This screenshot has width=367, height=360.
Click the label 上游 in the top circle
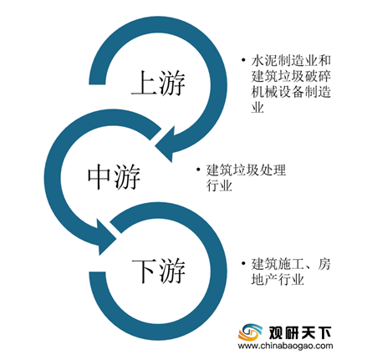pyautogui.click(x=159, y=83)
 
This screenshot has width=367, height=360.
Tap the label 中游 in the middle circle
pyautogui.click(x=114, y=176)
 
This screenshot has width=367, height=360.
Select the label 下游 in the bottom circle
pyautogui.click(x=159, y=271)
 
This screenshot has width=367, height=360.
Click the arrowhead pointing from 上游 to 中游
pyautogui.click(x=166, y=144)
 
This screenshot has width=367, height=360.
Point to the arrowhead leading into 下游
pyautogui.click(x=107, y=237)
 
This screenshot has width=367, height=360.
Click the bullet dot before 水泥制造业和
pyautogui.click(x=244, y=59)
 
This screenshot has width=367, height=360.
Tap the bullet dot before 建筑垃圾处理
pyautogui.click(x=198, y=169)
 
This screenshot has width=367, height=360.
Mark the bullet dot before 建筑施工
pyautogui.click(x=244, y=263)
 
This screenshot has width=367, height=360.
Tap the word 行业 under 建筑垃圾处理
pyautogui.click(x=219, y=185)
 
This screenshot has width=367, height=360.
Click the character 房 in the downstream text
pyautogui.click(x=324, y=264)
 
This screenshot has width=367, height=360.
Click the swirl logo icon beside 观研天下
pyautogui.click(x=250, y=332)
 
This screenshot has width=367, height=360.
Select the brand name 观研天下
pyautogui.click(x=300, y=332)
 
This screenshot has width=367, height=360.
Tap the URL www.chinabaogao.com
pyautogui.click(x=286, y=346)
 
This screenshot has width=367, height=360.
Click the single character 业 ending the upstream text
pyautogui.click(x=257, y=107)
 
